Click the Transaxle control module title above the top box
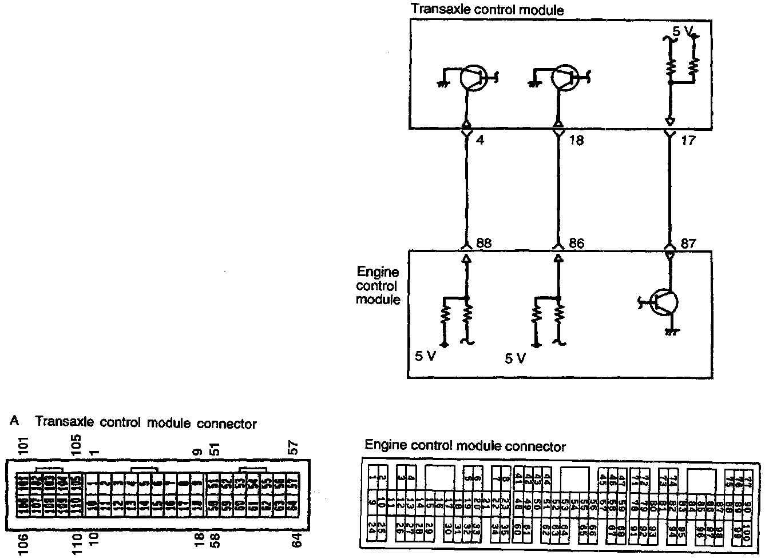pos(487,10)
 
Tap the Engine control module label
pos(378,286)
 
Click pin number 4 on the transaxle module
pos(479,140)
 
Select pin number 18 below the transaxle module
pos(576,141)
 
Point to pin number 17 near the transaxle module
pos(688,140)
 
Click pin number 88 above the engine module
pos(483,243)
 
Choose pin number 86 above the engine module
pos(576,243)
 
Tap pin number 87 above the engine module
pos(688,243)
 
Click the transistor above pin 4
pos(473,78)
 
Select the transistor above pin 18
pos(564,78)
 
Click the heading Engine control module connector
pos(465,446)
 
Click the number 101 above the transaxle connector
pos(23,445)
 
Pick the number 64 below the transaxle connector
pos(296,540)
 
